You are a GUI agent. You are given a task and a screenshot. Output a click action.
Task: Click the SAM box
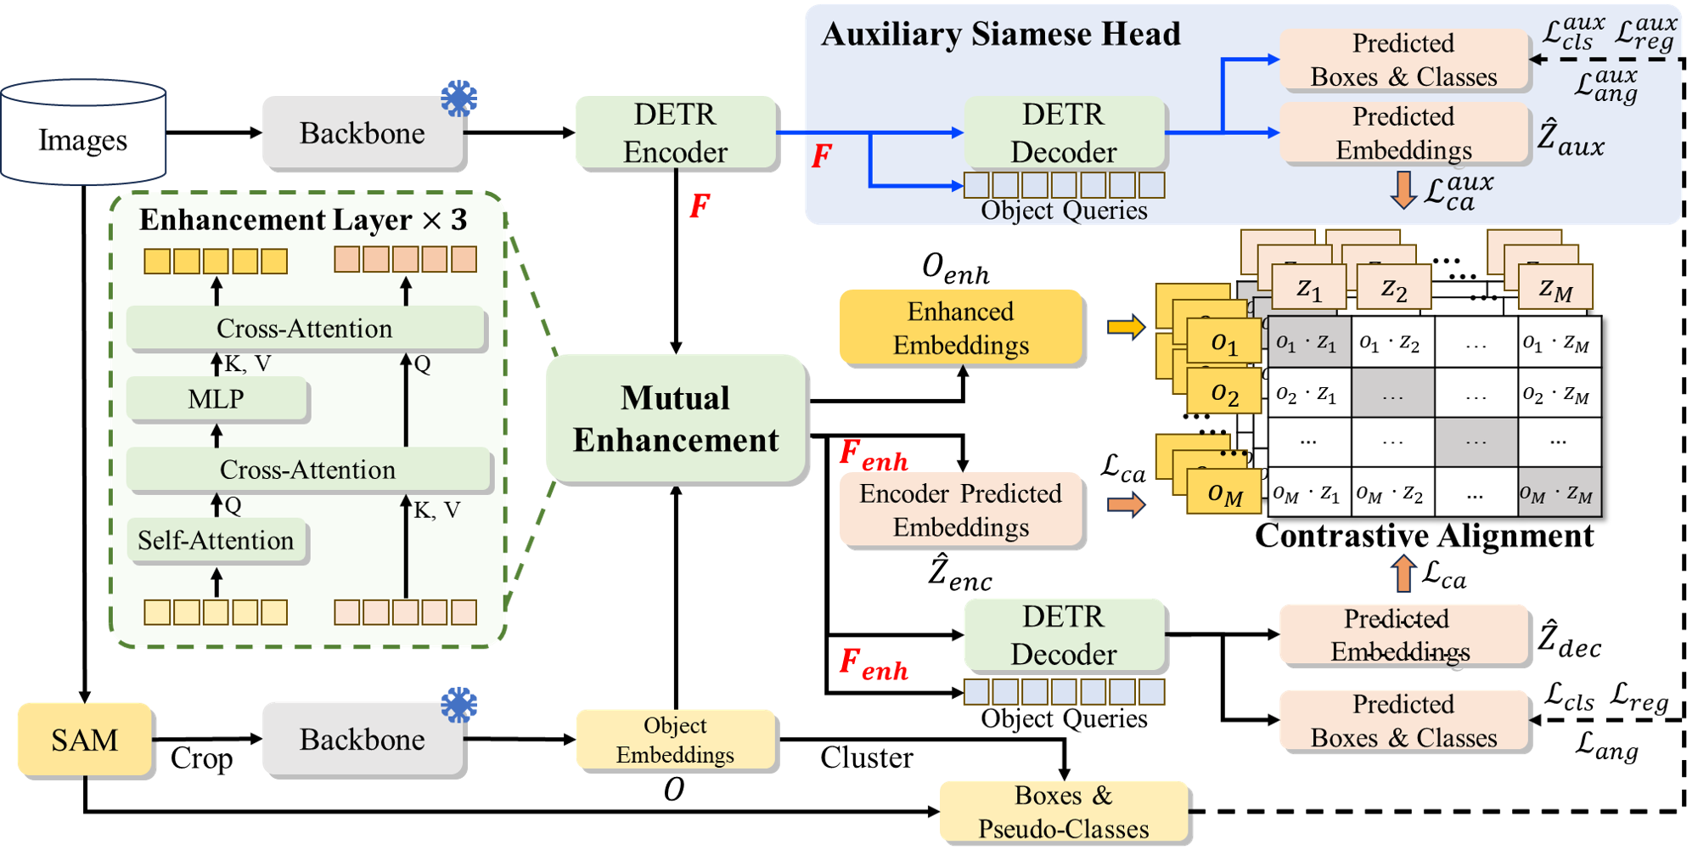[85, 740]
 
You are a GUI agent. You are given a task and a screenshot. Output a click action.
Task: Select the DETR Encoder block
[676, 133]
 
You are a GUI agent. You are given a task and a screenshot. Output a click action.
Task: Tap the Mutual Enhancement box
[676, 419]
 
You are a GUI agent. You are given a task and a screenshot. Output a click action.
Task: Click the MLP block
[216, 399]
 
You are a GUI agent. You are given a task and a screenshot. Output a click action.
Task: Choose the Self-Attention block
[216, 540]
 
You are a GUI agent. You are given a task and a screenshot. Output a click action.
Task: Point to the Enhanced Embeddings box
[961, 328]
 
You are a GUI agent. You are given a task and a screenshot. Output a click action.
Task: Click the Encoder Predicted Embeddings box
[961, 510]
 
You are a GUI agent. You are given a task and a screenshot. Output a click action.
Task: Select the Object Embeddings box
[676, 740]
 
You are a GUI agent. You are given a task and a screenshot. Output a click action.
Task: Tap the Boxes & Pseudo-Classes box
[1064, 812]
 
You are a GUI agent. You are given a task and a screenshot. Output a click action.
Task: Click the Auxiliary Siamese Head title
[1001, 35]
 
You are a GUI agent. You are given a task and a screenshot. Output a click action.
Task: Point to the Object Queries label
[1064, 211]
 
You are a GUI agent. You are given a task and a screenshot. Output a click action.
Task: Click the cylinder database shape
[83, 132]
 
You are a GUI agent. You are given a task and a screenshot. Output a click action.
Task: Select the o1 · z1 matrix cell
[1307, 343]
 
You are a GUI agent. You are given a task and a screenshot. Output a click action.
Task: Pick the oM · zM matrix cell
[1559, 493]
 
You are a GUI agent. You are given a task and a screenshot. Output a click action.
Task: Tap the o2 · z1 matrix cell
[1307, 394]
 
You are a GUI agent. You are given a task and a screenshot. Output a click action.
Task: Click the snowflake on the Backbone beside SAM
[459, 704]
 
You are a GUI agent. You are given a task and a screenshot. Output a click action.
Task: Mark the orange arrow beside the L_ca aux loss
[1403, 189]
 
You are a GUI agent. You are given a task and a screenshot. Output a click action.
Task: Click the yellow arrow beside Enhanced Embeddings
[1127, 327]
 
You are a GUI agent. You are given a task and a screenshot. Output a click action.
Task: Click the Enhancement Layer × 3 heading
[303, 220]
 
